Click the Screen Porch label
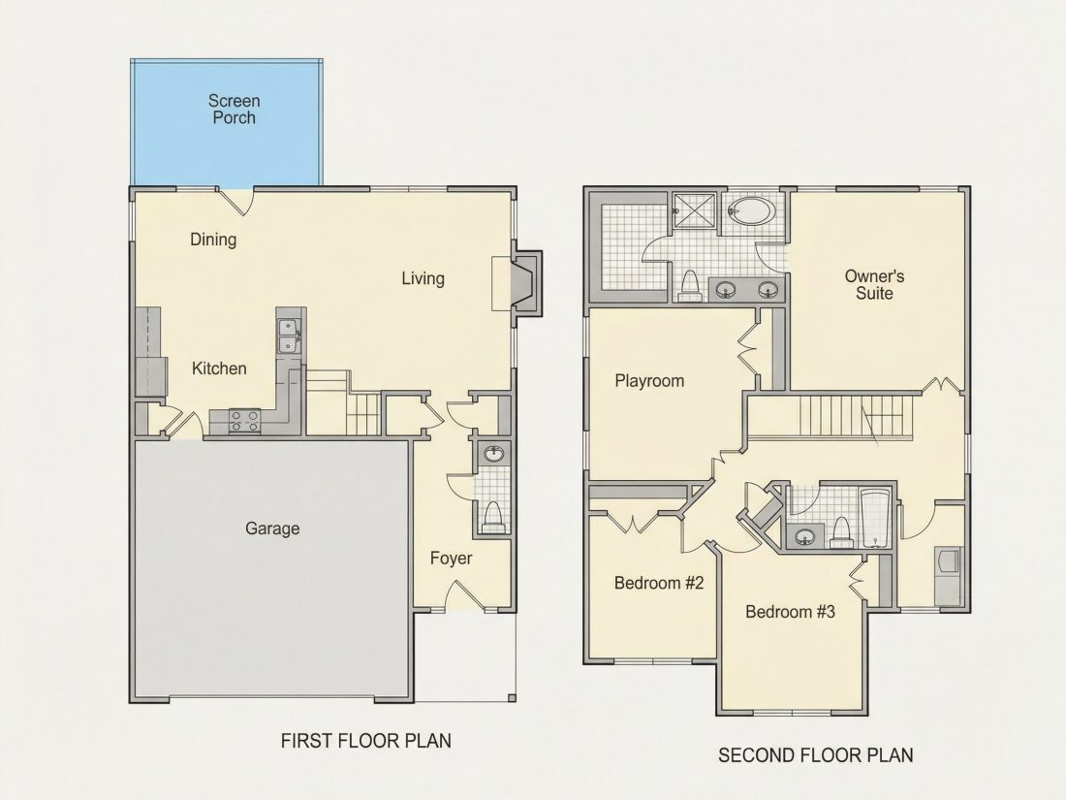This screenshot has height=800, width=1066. click(234, 110)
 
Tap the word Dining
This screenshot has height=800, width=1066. click(213, 240)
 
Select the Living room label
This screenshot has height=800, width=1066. click(423, 278)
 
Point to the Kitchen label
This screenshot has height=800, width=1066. click(219, 368)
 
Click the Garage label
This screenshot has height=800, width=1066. click(272, 528)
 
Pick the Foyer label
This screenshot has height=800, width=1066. click(451, 559)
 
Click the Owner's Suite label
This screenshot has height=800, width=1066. click(874, 285)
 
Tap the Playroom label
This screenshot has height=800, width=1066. click(649, 381)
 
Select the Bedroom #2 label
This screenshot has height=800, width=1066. click(659, 583)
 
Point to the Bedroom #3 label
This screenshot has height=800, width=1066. click(790, 612)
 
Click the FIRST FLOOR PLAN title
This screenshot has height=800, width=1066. click(365, 741)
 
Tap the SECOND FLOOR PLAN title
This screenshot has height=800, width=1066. click(816, 755)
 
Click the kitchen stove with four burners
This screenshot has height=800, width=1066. click(245, 421)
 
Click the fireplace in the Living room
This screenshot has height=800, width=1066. click(524, 283)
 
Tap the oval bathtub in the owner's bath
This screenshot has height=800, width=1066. click(750, 211)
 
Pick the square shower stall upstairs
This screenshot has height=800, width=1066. click(694, 213)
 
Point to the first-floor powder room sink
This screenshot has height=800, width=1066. click(492, 453)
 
